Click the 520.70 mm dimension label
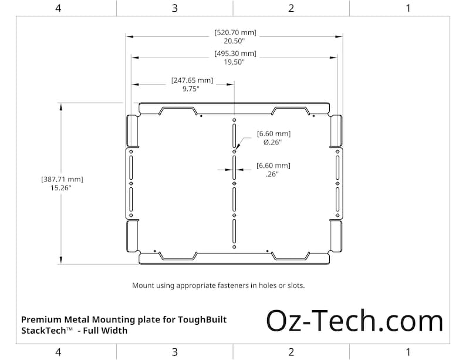coord(235,32)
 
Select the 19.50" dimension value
coord(235,63)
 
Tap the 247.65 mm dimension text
coord(192,80)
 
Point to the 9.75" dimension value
coord(191,89)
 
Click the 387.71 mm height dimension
coord(62,179)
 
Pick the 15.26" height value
coord(62,188)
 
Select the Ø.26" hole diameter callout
coord(273,143)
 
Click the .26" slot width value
coord(272,174)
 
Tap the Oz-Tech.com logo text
coord(354,321)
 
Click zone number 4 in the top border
coord(58,8)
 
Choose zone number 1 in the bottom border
coord(408,352)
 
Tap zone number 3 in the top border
coord(175,8)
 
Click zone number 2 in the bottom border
coord(291,352)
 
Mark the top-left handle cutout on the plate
coord(178,110)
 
